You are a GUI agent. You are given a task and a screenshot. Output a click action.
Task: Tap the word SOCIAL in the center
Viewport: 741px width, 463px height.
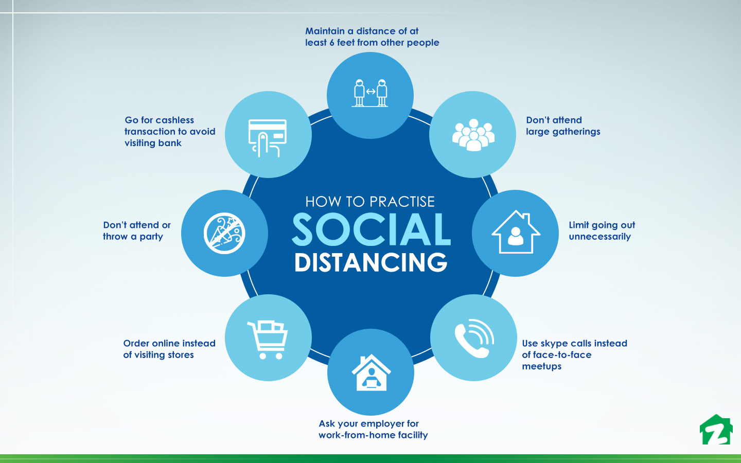coord(371,229)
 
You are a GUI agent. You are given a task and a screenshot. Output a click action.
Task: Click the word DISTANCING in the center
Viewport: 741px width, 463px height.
coord(371,262)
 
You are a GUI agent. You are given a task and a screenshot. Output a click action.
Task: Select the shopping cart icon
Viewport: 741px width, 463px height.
coord(267,340)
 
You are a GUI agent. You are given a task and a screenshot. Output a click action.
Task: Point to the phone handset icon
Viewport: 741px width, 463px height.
coord(474,338)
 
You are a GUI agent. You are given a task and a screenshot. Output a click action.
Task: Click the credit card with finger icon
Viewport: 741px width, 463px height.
coord(267,138)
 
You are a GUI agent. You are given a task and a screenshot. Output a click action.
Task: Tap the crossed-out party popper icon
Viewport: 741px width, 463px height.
coord(224,233)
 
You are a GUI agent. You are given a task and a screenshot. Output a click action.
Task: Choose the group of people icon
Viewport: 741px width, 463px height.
coord(473,135)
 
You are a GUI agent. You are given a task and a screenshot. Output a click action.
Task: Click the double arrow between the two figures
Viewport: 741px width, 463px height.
coord(370,92)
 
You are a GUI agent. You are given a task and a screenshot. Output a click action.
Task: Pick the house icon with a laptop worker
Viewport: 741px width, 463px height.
coord(371,372)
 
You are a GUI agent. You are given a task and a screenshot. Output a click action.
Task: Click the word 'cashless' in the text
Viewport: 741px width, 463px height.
coord(173,120)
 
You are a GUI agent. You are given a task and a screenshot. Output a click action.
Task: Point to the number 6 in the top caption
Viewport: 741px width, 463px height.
coord(331,43)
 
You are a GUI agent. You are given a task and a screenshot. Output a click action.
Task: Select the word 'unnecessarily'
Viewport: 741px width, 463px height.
coord(599,237)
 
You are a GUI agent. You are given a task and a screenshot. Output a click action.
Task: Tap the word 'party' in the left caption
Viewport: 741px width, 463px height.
coord(151,237)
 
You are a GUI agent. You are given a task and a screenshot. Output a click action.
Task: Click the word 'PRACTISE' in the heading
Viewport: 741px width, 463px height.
coord(402,202)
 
